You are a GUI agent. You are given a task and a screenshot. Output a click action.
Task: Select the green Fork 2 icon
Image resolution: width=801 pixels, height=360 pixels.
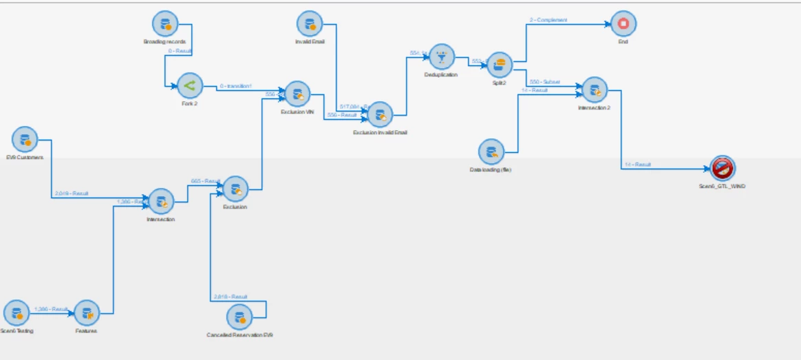(x=189, y=85)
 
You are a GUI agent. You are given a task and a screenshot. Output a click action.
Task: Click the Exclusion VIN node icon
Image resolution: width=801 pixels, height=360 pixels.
(x=298, y=94)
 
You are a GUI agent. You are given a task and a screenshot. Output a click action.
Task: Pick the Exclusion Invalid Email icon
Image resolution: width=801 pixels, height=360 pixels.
(x=380, y=115)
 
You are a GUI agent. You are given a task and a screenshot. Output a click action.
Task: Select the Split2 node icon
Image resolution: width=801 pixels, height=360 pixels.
(x=500, y=65)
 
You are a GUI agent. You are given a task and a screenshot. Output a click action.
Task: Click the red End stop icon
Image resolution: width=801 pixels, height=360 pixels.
(x=623, y=23)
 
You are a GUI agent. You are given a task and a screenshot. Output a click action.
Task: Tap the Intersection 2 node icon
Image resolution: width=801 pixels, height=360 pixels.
(x=595, y=90)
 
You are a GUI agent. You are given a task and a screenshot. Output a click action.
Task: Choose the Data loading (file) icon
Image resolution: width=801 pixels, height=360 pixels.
(x=491, y=151)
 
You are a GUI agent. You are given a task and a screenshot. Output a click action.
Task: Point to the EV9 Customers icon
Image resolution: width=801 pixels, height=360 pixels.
(x=25, y=140)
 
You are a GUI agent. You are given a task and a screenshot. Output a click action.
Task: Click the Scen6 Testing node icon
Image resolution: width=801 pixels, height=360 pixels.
(x=17, y=313)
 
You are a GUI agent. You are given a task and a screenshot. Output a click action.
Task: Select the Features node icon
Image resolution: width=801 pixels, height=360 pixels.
(x=87, y=313)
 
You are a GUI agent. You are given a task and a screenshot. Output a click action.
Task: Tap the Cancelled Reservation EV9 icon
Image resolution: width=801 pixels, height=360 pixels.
(x=239, y=317)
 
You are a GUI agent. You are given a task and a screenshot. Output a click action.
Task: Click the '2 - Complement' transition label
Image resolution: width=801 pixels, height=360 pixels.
(x=548, y=20)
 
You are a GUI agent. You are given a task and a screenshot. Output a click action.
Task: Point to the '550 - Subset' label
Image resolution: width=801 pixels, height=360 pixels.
(x=545, y=81)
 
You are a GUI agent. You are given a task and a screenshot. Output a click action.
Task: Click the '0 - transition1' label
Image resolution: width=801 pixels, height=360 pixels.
(x=236, y=86)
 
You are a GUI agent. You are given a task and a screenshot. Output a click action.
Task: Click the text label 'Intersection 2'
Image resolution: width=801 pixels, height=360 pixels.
(x=594, y=107)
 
